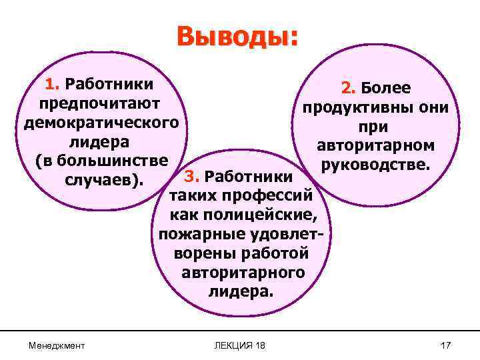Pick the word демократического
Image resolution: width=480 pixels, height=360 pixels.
pyautogui.click(x=100, y=123)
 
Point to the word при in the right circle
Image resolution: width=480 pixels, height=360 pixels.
pyautogui.click(x=375, y=127)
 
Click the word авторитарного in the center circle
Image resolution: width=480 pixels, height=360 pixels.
pyautogui.click(x=243, y=273)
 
